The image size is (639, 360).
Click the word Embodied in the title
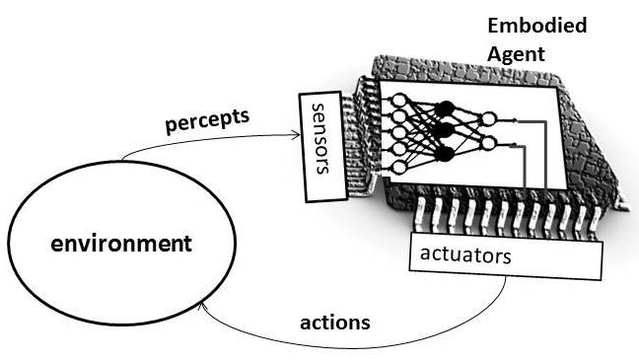537,26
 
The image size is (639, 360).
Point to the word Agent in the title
516,53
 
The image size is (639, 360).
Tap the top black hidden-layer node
445,108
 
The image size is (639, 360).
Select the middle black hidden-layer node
445,130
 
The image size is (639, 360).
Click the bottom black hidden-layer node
445,153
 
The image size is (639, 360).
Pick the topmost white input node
398,101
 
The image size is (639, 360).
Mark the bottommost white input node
398,168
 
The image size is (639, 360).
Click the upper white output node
487,119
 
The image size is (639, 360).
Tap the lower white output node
487,144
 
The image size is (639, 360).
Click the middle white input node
398,134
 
